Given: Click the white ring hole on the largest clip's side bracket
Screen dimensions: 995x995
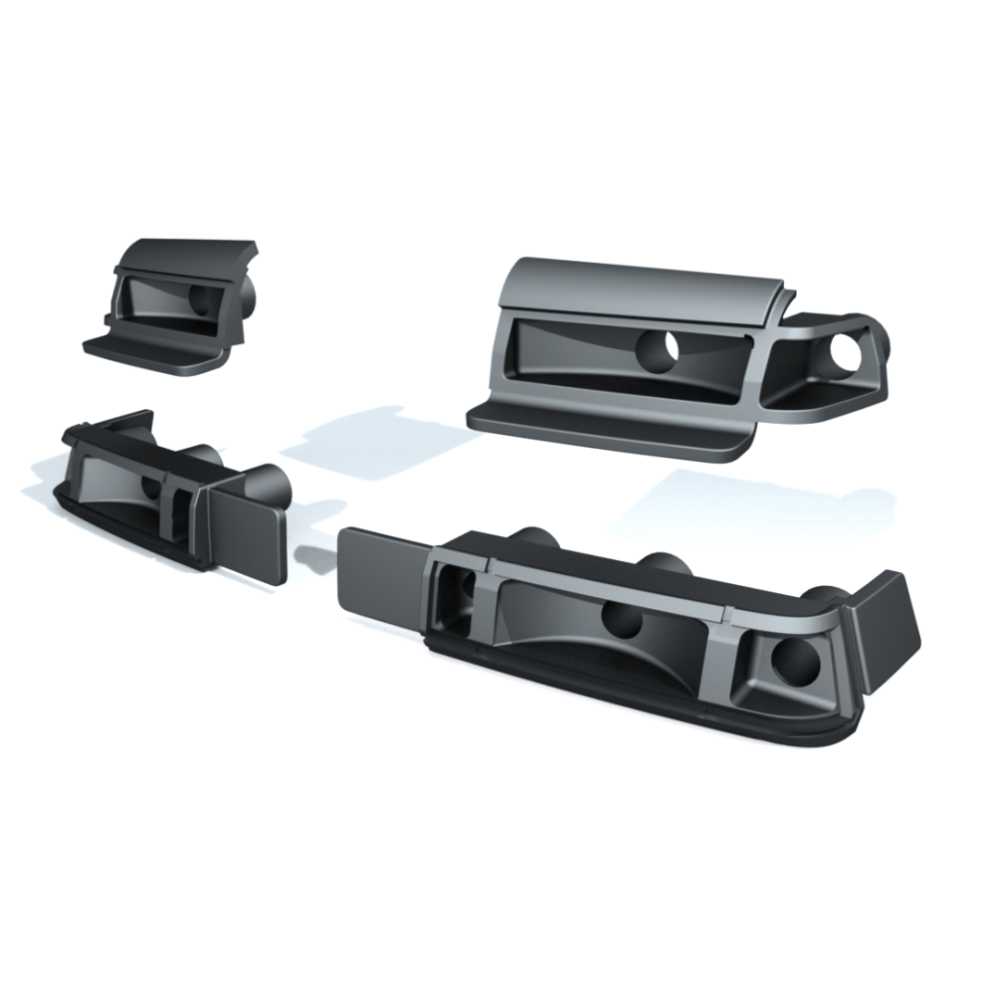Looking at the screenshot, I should pyautogui.click(x=848, y=350).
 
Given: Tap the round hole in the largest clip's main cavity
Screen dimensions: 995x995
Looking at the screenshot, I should pyautogui.click(x=656, y=348).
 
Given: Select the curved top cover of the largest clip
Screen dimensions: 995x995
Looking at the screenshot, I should pyautogui.click(x=637, y=288).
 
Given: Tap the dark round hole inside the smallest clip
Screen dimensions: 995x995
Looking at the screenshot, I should pyautogui.click(x=202, y=299).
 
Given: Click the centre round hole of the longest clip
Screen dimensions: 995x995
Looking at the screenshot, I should pyautogui.click(x=622, y=621).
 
